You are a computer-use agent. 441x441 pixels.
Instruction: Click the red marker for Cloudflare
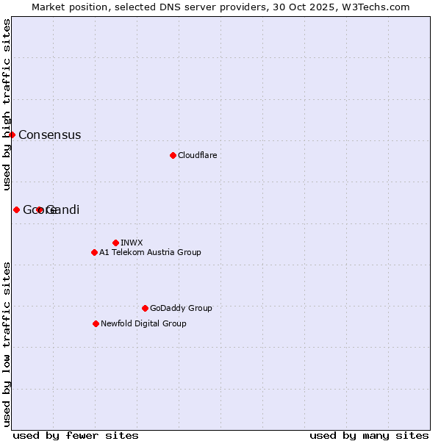173,155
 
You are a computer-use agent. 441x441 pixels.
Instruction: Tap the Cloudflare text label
197,156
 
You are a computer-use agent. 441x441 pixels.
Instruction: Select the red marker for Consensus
12,135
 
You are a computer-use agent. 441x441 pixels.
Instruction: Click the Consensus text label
49,135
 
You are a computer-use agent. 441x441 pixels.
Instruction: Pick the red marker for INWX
115,243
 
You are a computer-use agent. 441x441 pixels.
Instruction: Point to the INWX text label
132,243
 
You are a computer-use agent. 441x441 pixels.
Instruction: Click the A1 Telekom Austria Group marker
94,252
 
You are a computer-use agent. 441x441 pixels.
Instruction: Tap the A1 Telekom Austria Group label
150,253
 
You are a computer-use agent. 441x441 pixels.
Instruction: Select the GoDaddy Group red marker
145,308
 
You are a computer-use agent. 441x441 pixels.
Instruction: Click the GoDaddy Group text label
181,309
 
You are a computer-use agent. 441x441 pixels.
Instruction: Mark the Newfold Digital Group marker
96,323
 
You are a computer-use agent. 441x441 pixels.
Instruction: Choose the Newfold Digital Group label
143,324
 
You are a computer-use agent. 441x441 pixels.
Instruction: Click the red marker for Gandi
40,210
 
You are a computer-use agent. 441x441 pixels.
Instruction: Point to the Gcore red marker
16,210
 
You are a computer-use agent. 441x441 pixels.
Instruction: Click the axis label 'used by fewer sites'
76,435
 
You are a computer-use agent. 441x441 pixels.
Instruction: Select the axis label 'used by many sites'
369,435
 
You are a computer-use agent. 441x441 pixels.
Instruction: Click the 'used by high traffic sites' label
7,105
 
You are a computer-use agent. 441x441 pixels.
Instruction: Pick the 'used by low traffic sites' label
7,343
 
